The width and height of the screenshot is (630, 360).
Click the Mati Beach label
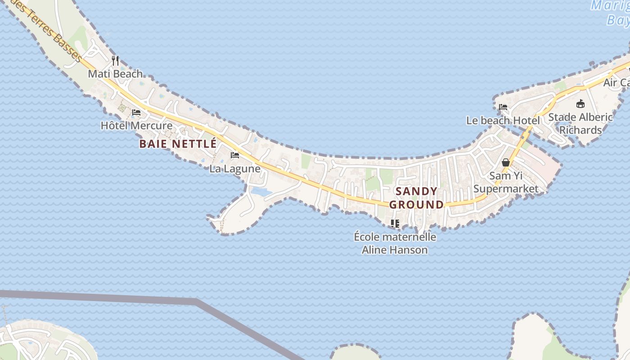point(115,74)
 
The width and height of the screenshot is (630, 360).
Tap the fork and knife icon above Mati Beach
point(115,60)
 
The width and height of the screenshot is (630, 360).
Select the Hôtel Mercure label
point(136,126)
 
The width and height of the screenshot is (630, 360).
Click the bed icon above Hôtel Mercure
point(136,112)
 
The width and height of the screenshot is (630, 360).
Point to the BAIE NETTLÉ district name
point(178,144)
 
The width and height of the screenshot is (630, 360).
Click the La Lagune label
point(235,169)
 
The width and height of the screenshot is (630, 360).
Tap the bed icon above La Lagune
point(235,156)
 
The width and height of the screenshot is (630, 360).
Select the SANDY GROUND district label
point(416,198)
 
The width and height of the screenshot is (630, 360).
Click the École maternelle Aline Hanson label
point(395,243)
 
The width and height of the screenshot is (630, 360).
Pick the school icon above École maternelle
point(395,223)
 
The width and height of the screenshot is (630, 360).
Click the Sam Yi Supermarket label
point(506,182)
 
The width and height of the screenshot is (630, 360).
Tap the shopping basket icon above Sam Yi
point(506,162)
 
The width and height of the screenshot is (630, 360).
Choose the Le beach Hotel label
point(503,121)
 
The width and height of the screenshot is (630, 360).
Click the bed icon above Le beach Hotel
point(503,107)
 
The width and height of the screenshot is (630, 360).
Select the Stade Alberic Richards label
point(580,123)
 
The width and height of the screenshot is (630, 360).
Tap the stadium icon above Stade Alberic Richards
point(580,103)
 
